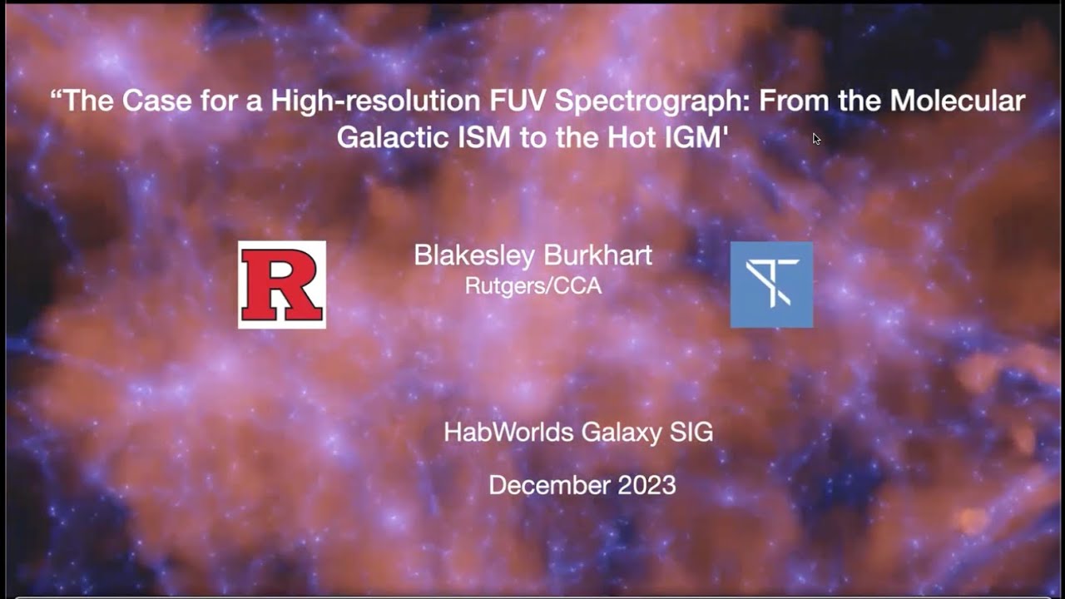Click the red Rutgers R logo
pos(281,285)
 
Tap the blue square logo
pos(771,285)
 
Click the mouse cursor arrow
pos(816,139)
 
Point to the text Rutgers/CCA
pos(532,286)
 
